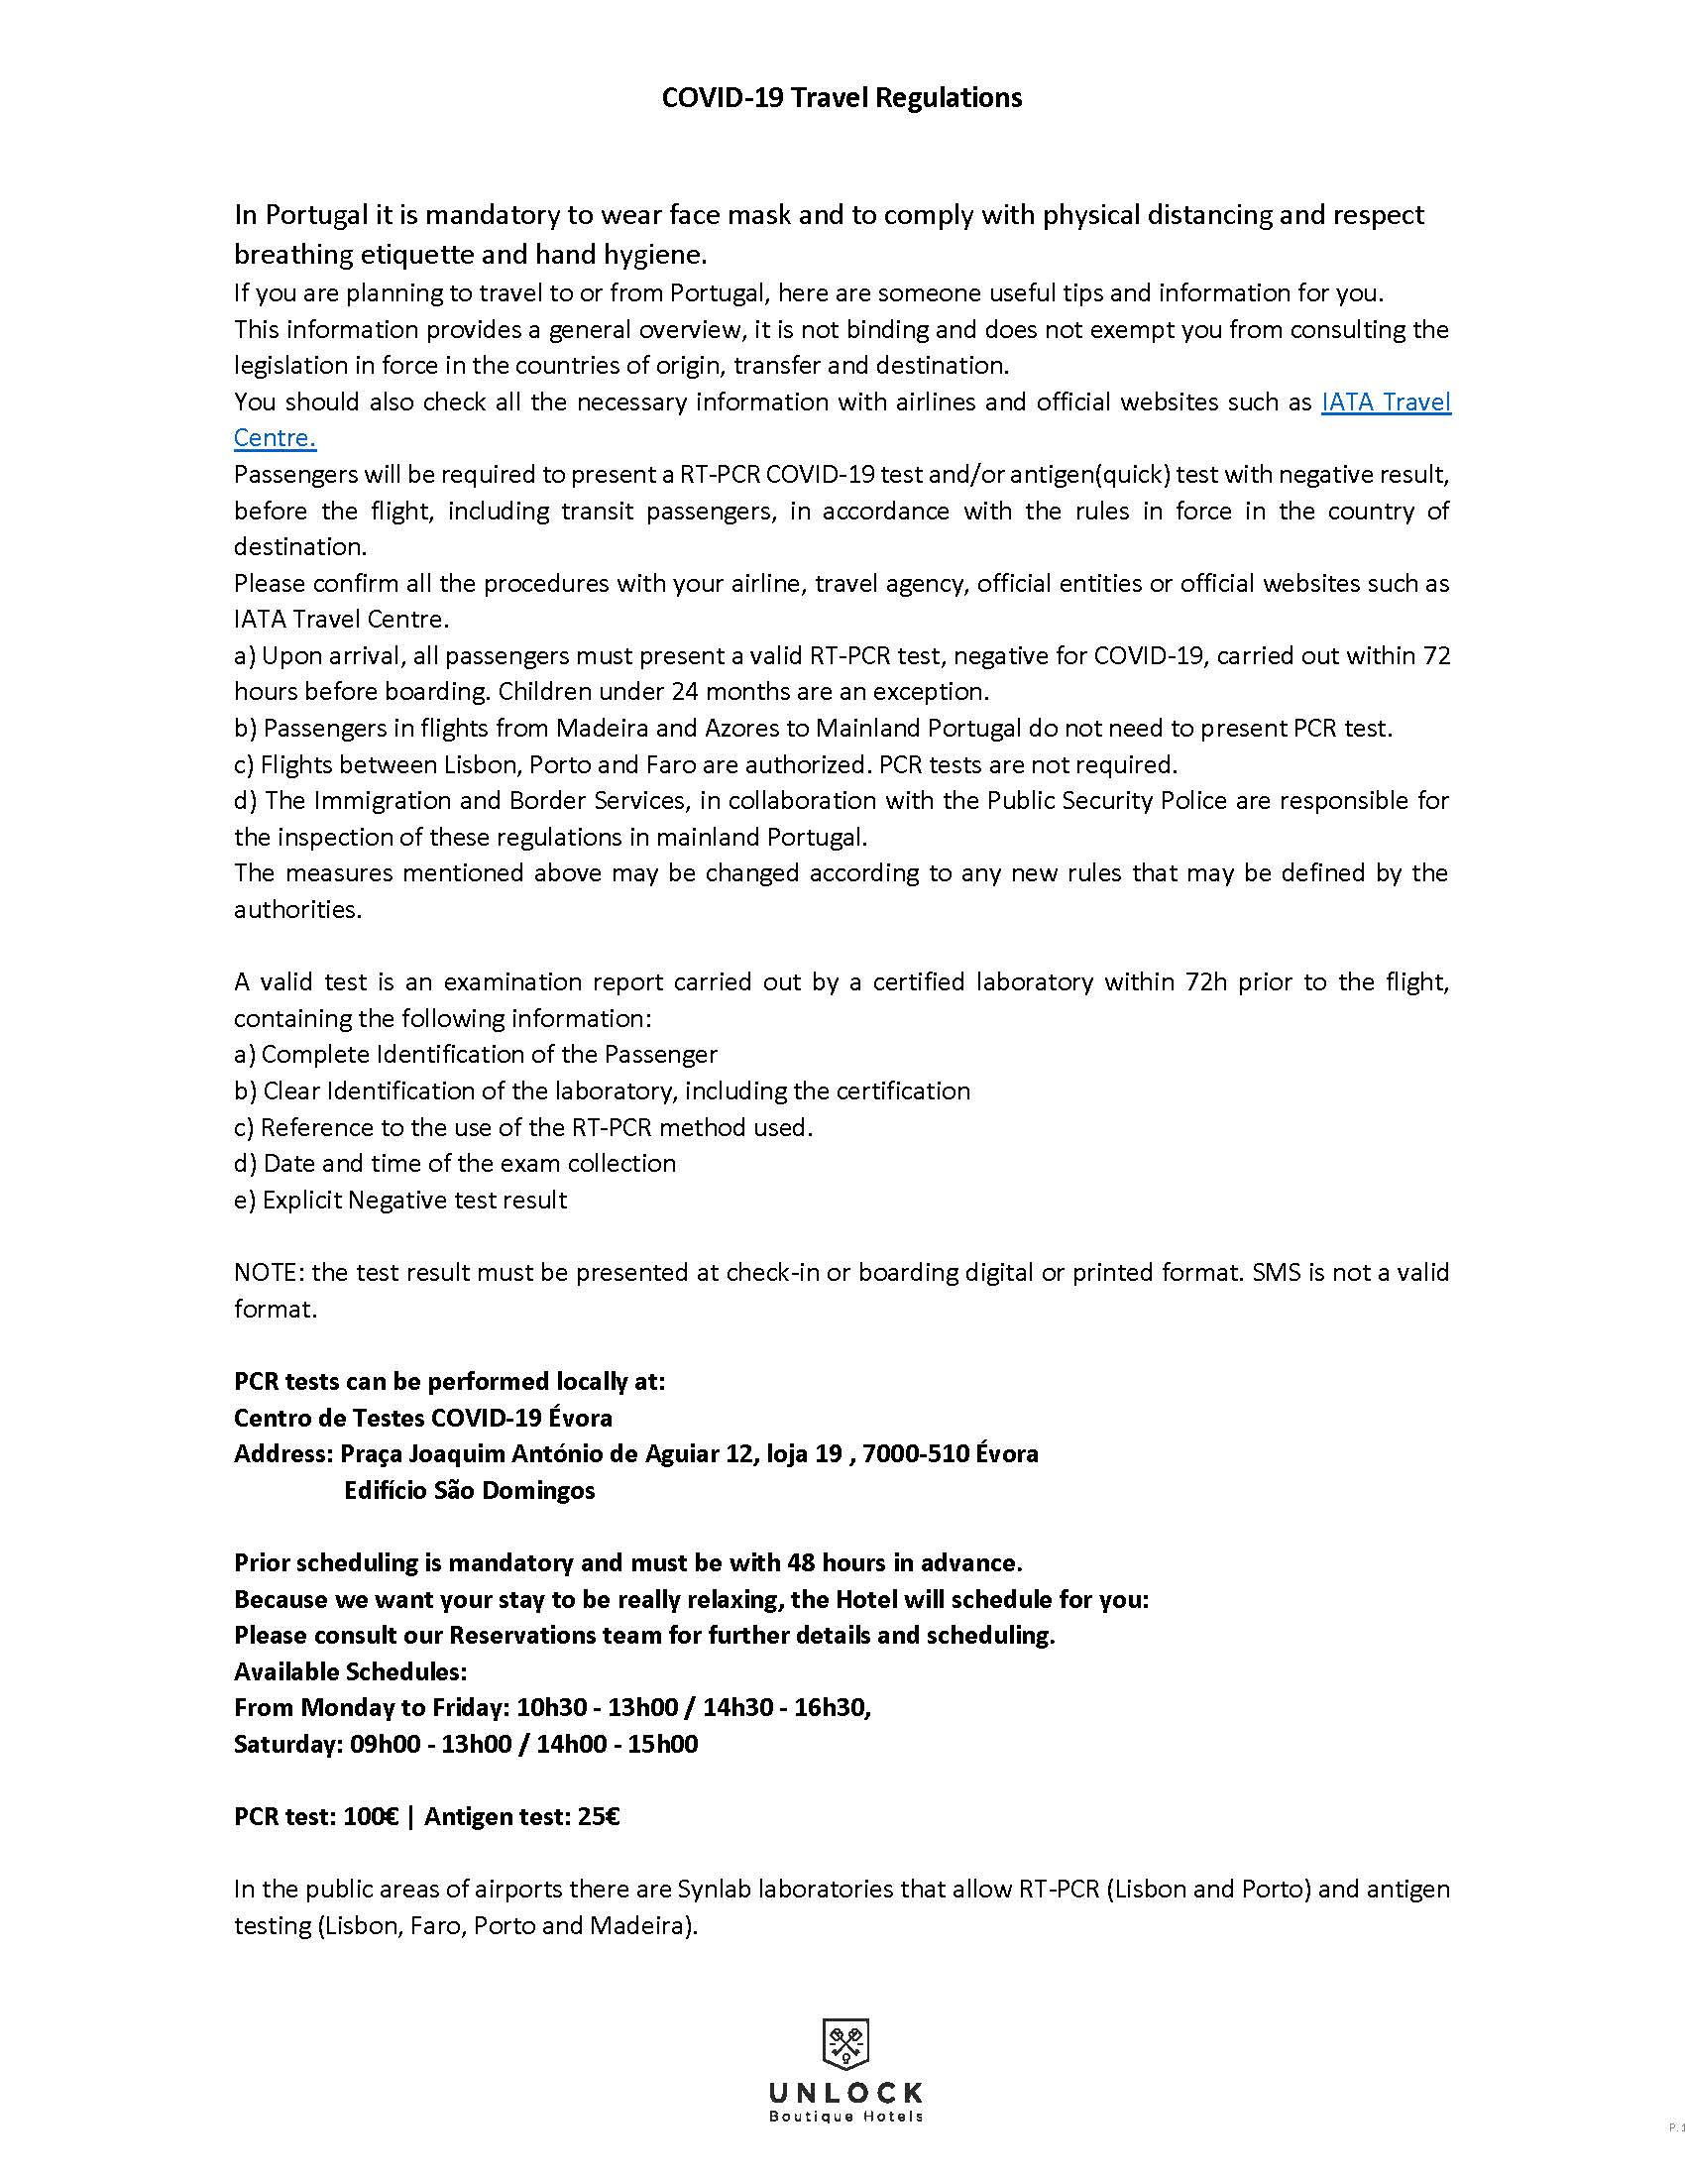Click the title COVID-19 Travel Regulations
click(x=842, y=98)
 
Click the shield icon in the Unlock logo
click(x=844, y=2041)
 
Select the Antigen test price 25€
click(x=598, y=1816)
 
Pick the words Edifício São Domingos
click(x=469, y=1490)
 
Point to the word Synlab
click(x=715, y=1889)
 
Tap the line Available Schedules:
click(x=350, y=1671)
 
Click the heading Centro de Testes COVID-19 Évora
click(x=423, y=1417)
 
